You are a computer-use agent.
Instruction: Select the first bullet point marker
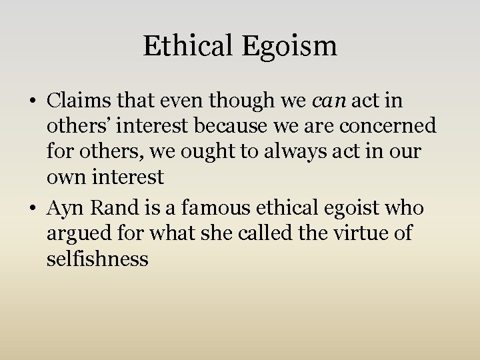[x=33, y=102]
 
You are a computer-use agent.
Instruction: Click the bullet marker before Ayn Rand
[x=33, y=209]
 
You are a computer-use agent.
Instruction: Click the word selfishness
[x=97, y=259]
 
